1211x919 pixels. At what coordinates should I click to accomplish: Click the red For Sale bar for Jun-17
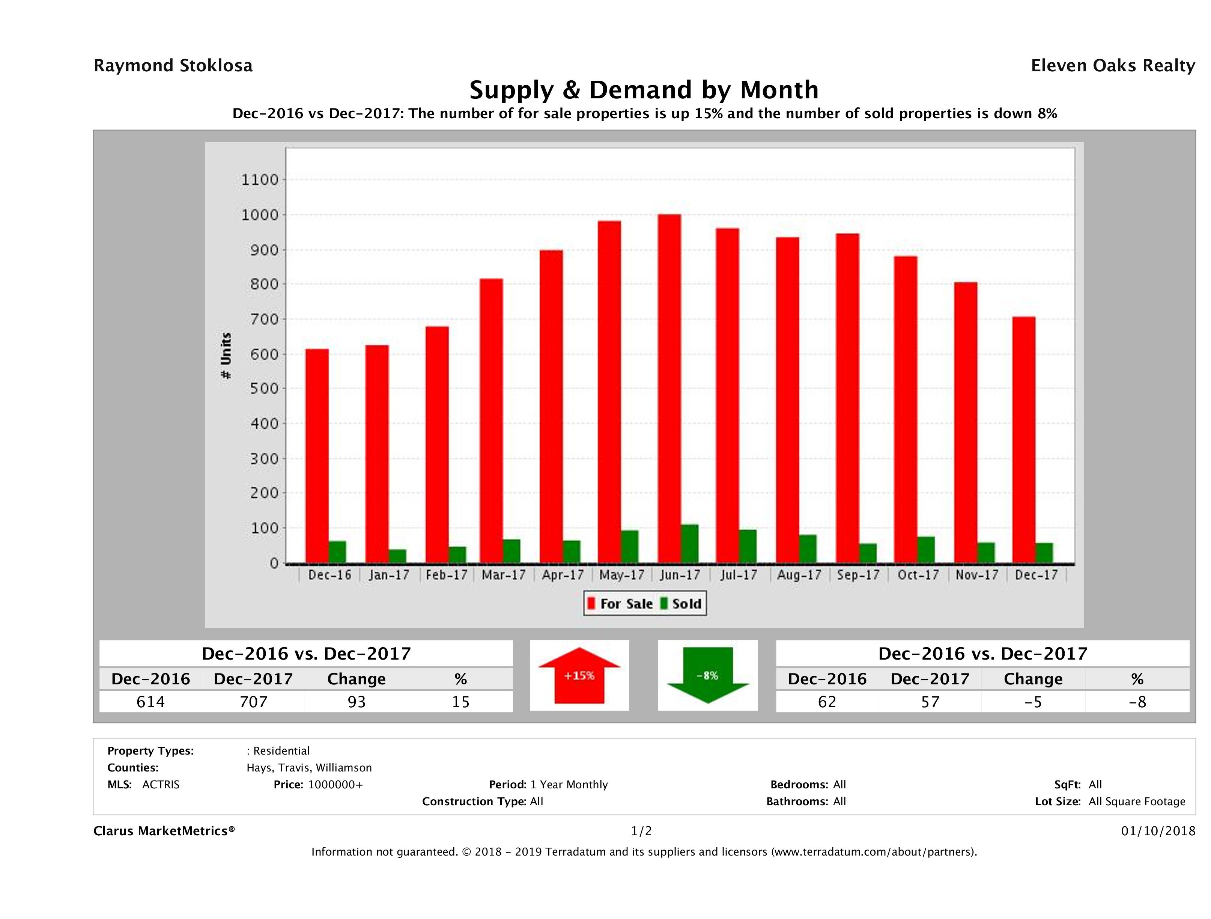(669, 389)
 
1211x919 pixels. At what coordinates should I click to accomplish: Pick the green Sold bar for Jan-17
(397, 556)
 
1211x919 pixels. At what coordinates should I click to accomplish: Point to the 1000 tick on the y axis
(260, 215)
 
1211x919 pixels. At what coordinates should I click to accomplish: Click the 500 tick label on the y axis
(265, 389)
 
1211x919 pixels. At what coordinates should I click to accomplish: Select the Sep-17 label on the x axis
(858, 575)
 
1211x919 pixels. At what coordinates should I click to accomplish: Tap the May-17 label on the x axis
(621, 575)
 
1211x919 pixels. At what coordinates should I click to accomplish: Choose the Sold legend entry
(681, 604)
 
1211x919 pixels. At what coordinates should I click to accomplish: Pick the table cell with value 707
(253, 702)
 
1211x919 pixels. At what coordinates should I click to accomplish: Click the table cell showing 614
(150, 702)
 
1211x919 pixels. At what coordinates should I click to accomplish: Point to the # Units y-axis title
(226, 356)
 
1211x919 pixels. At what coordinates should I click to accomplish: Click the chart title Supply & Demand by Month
(644, 90)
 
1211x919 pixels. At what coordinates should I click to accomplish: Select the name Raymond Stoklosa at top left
(173, 66)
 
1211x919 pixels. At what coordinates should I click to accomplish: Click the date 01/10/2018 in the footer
(1158, 831)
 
